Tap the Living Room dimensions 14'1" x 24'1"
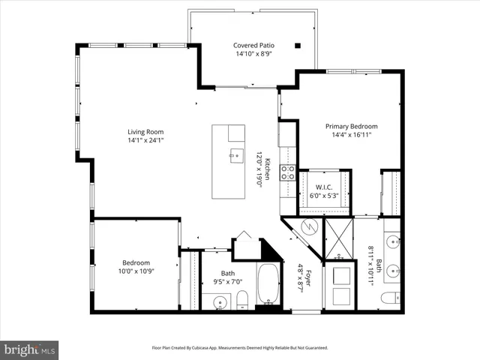145,139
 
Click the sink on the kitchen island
236,156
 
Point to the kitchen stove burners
287,174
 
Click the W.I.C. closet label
324,187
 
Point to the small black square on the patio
298,45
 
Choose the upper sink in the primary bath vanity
391,241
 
